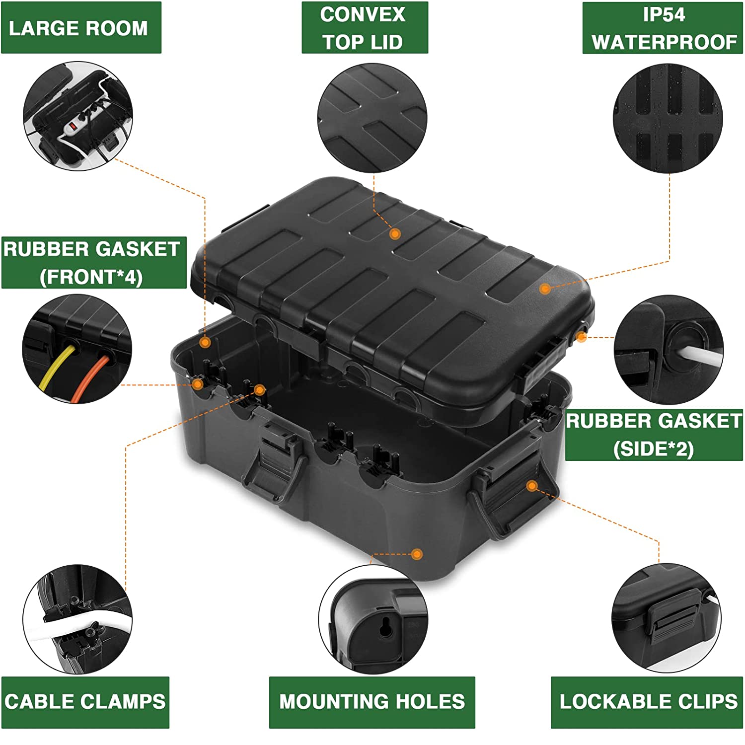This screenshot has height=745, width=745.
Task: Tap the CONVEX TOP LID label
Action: point(365,28)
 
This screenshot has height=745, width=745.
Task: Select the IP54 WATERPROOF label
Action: point(663,28)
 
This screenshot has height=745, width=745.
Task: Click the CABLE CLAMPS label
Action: point(85,702)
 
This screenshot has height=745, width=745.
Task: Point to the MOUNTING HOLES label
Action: point(372,702)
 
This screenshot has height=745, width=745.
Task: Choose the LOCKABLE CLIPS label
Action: point(648,702)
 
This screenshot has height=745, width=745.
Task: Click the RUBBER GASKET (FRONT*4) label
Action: point(93,262)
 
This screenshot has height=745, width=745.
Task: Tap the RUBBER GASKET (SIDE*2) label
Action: point(654,435)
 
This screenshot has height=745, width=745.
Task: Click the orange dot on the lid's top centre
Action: point(395,233)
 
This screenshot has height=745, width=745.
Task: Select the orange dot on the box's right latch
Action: point(532,485)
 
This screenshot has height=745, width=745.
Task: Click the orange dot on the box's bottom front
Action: point(417,554)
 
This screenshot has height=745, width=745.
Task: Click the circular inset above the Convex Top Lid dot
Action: point(372,118)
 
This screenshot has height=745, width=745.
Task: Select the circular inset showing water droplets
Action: point(668,118)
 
